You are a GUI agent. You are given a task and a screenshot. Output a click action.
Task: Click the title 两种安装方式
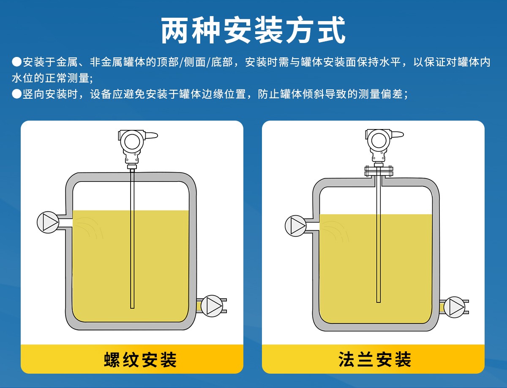(x=253, y=30)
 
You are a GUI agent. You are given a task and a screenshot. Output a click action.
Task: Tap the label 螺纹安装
(x=140, y=360)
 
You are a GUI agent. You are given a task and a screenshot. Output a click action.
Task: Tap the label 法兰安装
(x=375, y=359)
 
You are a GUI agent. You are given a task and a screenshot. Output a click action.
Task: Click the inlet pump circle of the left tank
(x=48, y=222)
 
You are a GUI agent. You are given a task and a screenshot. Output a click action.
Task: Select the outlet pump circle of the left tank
(x=212, y=306)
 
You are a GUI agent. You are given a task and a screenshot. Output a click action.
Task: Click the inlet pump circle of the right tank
(x=296, y=226)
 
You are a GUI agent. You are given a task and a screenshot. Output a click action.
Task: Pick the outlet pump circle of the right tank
(x=455, y=307)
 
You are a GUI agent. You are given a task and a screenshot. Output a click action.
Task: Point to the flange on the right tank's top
(x=379, y=171)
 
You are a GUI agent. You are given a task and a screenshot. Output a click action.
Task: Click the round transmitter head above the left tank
(x=132, y=141)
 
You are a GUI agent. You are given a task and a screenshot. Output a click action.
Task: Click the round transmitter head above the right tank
(x=379, y=140)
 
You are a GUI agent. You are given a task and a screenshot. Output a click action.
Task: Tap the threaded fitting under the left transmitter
(x=132, y=167)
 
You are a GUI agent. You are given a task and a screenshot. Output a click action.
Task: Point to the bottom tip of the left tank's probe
(x=132, y=308)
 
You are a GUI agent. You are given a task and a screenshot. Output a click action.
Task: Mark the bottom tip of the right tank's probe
(x=379, y=302)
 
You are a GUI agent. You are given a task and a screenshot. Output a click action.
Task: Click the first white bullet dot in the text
(x=17, y=62)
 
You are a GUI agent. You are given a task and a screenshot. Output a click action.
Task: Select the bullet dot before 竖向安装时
(x=17, y=94)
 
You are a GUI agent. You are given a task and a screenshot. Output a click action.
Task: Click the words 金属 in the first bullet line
(x=67, y=62)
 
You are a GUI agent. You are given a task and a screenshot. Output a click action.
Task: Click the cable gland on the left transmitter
(x=151, y=135)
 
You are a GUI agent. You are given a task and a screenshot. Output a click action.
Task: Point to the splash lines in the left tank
(x=89, y=228)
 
